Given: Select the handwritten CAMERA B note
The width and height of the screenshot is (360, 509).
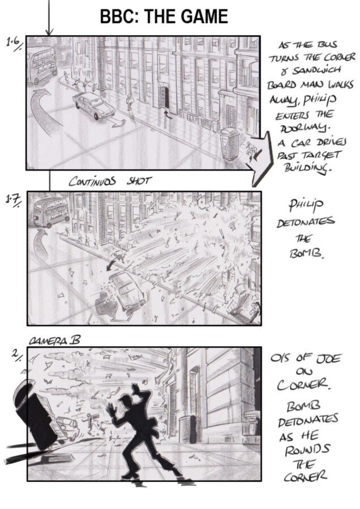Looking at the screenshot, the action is click(54, 340).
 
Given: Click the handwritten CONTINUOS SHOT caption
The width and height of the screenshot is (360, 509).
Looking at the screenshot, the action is click(110, 181).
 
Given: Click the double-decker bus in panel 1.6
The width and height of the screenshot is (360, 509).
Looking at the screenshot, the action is click(42, 65).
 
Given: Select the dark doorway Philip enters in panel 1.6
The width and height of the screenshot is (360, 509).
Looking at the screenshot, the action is click(163, 98).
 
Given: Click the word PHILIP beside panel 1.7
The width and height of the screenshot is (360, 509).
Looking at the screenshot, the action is click(306, 205).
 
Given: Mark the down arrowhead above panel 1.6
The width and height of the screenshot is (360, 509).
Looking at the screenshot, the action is click(49, 32).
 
